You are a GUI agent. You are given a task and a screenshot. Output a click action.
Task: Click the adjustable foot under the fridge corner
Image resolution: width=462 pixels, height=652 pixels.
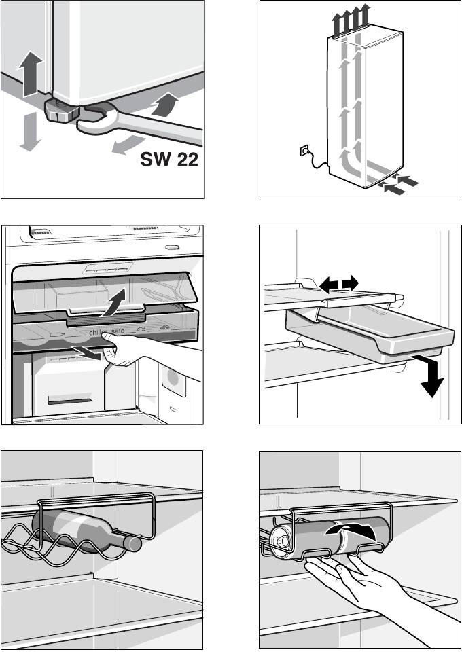point(60,111)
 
